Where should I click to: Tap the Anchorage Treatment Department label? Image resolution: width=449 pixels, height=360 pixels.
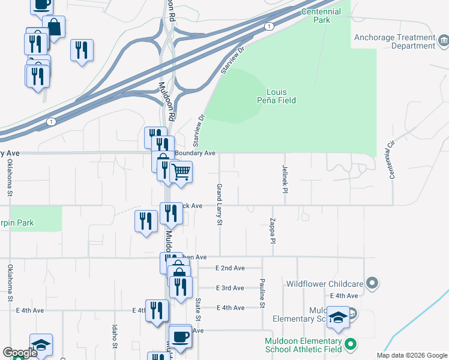coord(394,41)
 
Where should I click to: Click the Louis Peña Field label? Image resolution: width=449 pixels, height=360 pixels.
coord(282,96)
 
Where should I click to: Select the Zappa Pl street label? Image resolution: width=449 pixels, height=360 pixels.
coord(273,230)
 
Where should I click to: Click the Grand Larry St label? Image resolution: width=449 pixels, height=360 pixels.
coord(219,205)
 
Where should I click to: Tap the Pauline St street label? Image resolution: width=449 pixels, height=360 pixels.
coord(262,293)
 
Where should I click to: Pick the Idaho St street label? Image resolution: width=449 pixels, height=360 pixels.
coord(114,337)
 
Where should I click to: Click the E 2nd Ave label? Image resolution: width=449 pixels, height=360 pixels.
coord(231,268)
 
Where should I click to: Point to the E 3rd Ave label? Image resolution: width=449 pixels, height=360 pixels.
coord(231,288)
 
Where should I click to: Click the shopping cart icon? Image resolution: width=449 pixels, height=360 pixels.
coord(181,172)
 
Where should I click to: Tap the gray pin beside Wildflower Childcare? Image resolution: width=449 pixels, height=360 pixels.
coord(373,282)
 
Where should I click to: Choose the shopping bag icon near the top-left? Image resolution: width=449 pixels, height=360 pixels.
coord(54,27)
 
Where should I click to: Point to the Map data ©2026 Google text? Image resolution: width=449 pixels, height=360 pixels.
coord(411,355)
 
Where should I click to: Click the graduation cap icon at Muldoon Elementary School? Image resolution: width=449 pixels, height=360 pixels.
coord(338,317)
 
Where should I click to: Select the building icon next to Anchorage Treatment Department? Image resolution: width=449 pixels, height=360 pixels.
coord(444,41)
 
